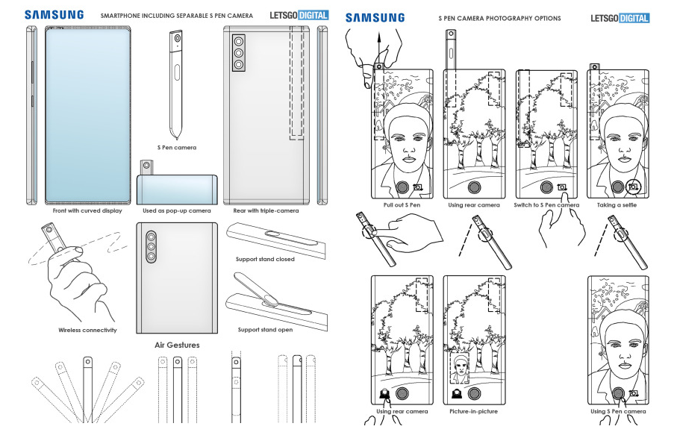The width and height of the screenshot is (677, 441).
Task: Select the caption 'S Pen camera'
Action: pyautogui.click(x=177, y=148)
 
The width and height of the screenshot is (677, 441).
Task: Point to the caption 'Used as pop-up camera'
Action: pyautogui.click(x=177, y=211)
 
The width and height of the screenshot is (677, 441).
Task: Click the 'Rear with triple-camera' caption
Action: pyautogui.click(x=266, y=211)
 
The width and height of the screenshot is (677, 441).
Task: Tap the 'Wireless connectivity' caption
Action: pyautogui.click(x=87, y=330)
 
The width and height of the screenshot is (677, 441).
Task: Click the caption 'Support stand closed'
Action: pyautogui.click(x=266, y=260)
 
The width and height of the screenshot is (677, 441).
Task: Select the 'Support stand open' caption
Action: pyautogui.click(x=264, y=330)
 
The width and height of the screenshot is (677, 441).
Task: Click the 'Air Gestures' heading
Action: pyautogui.click(x=177, y=345)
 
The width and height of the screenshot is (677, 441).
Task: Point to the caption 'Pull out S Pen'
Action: pyautogui.click(x=402, y=204)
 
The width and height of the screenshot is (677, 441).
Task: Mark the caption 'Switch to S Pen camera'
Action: pyautogui.click(x=546, y=204)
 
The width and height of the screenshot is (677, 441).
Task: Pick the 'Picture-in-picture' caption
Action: pyautogui.click(x=473, y=411)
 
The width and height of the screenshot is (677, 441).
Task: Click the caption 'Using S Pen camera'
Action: pyautogui.click(x=618, y=411)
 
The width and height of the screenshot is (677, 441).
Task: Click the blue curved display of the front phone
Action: pyautogui.click(x=87, y=112)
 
